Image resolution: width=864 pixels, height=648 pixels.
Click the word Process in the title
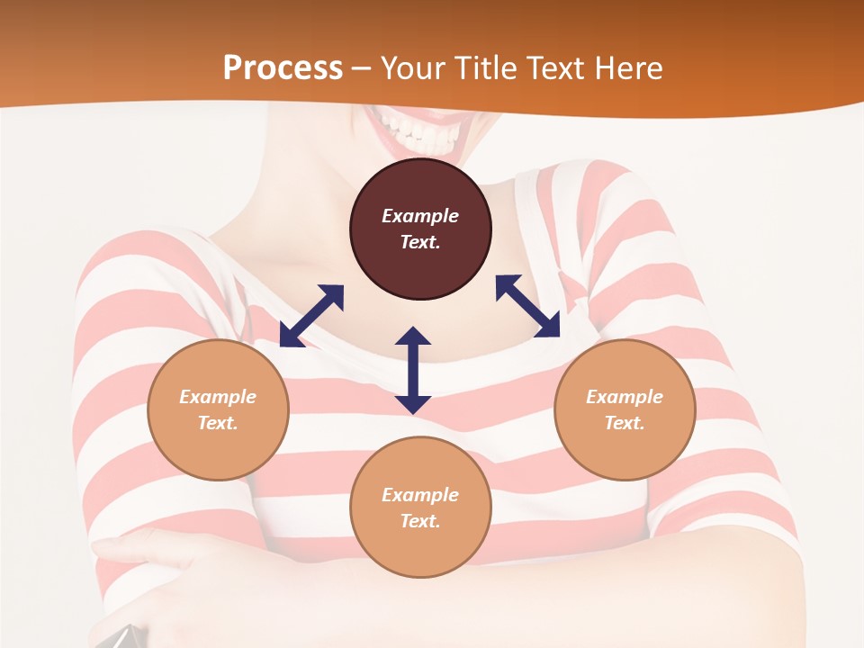coord(283,68)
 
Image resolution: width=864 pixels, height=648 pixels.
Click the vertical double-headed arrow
coord(413,371)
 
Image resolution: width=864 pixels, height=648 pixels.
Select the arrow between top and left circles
coord(311,316)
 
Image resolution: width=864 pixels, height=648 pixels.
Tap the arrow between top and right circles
coord(527,306)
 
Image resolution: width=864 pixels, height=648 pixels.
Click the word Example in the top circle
coord(420,216)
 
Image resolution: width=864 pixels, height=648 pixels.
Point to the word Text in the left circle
coord(218,423)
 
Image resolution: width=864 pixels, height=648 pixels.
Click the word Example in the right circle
coord(625,397)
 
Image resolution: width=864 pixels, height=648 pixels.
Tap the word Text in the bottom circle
coord(420,521)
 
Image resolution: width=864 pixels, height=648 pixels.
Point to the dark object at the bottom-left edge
coord(121,637)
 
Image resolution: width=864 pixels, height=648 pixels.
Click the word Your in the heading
coord(409,68)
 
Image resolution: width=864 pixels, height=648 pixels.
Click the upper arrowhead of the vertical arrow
coord(413,337)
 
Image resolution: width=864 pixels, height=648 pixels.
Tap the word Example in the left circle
coord(218,397)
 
